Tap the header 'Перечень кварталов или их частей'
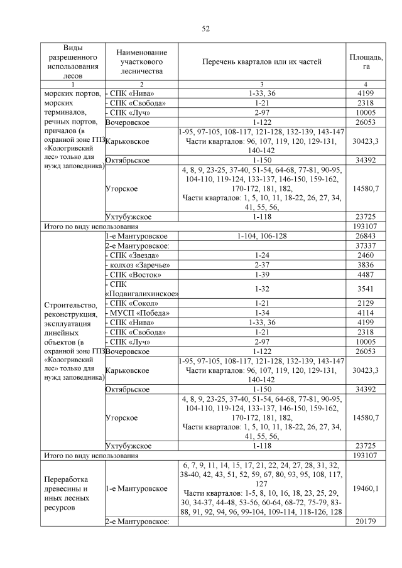(261, 62)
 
